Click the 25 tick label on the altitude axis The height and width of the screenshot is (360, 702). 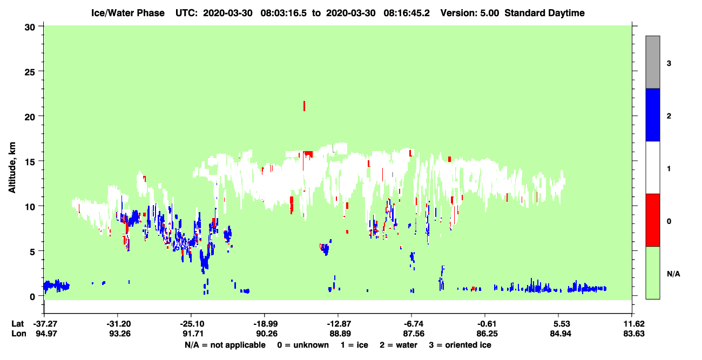tap(30, 72)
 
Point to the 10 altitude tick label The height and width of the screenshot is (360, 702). tap(30, 207)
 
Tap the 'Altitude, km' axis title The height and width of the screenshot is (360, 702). tap(12, 168)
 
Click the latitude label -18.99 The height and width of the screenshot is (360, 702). tap(265, 324)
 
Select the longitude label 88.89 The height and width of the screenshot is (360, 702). tap(339, 334)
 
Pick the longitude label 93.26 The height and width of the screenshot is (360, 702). tap(120, 334)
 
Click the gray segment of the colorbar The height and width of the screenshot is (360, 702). tap(652, 62)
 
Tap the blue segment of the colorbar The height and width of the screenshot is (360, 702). tap(652, 114)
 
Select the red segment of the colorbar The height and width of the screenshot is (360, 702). tap(652, 220)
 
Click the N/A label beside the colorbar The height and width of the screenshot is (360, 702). tap(673, 274)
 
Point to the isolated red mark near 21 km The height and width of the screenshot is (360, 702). tap(304, 106)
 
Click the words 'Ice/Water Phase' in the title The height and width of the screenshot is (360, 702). tap(128, 13)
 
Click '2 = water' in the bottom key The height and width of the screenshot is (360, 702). tap(399, 345)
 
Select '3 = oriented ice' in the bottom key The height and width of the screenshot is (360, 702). tap(460, 345)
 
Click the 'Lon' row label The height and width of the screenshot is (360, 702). tap(19, 334)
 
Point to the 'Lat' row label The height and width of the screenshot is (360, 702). tap(18, 324)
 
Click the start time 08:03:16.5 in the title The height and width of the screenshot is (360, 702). tap(283, 13)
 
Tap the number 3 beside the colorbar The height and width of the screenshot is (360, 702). tap(669, 64)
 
